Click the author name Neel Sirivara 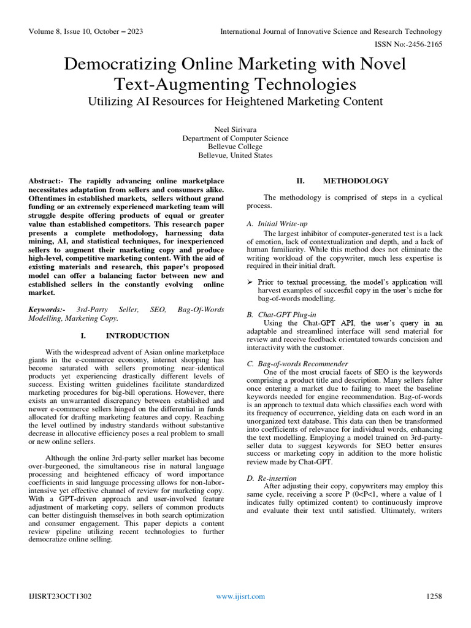(x=235, y=129)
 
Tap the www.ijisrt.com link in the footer (x=241, y=596)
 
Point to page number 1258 (x=434, y=596)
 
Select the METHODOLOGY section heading (x=356, y=181)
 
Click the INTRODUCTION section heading (x=137, y=336)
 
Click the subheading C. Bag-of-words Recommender (x=297, y=364)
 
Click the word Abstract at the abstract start (x=45, y=182)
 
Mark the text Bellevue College (x=235, y=147)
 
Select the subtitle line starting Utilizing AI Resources (x=235, y=101)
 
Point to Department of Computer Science (x=235, y=138)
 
